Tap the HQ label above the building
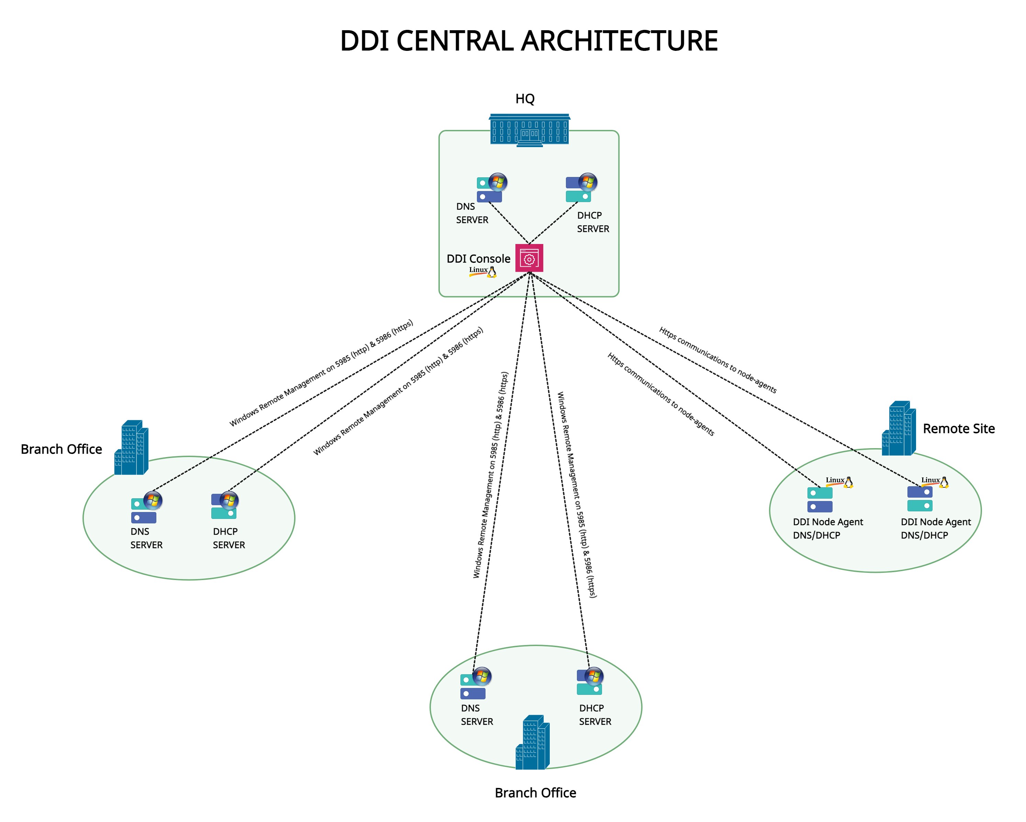point(525,99)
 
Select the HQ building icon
point(529,130)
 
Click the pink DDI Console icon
point(529,258)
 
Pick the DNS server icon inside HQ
point(491,188)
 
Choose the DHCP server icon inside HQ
point(581,188)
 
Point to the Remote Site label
point(958,429)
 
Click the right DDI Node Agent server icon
point(920,498)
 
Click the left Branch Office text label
point(62,449)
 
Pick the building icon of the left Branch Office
point(131,447)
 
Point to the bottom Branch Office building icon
point(533,743)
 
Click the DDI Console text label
point(478,259)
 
